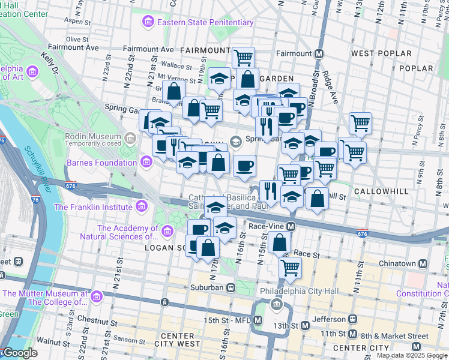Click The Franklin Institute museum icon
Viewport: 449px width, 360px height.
pyautogui.click(x=141, y=207)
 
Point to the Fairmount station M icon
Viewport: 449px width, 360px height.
pyautogui.click(x=319, y=53)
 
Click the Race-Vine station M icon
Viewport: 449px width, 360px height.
pyautogui.click(x=291, y=227)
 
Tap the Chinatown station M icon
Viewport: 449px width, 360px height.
pyautogui.click(x=423, y=263)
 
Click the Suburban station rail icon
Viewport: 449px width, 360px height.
pyautogui.click(x=231, y=287)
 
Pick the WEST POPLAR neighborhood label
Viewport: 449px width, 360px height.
pyautogui.click(x=381, y=53)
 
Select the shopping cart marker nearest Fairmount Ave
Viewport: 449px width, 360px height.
pyautogui.click(x=243, y=58)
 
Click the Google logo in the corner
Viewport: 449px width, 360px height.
pyautogui.click(x=20, y=353)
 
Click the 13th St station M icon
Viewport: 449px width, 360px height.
pyautogui.click(x=305, y=326)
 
